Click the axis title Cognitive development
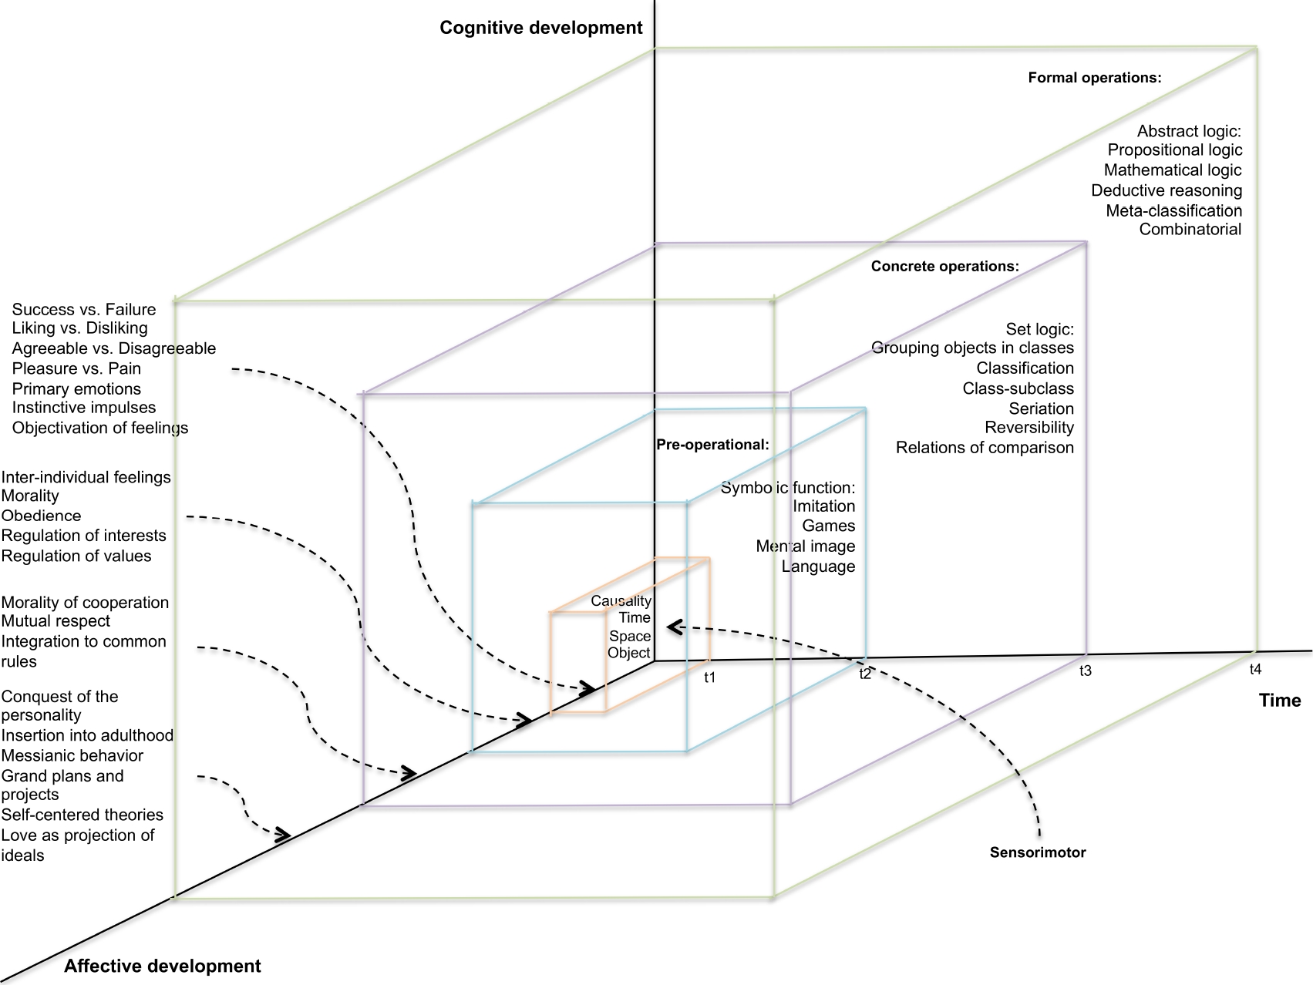pyautogui.click(x=540, y=29)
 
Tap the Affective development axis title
pyautogui.click(x=162, y=966)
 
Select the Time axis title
pyautogui.click(x=1279, y=700)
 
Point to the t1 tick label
pyautogui.click(x=709, y=677)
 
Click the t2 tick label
pyautogui.click(x=865, y=674)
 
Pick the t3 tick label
pyautogui.click(x=1084, y=671)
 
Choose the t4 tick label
pyautogui.click(x=1255, y=670)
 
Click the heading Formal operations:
pyautogui.click(x=1094, y=78)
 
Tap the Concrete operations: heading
pyautogui.click(x=944, y=267)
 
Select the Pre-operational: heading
pyautogui.click(x=712, y=445)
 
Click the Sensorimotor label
pyautogui.click(x=1037, y=852)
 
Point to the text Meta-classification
pyautogui.click(x=1173, y=210)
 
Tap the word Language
pyautogui.click(x=818, y=566)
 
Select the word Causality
pyautogui.click(x=621, y=600)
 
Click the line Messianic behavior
pyautogui.click(x=72, y=755)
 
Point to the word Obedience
pyautogui.click(x=41, y=516)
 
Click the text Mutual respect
pyautogui.click(x=56, y=621)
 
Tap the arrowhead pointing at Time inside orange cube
pyautogui.click(x=673, y=627)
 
